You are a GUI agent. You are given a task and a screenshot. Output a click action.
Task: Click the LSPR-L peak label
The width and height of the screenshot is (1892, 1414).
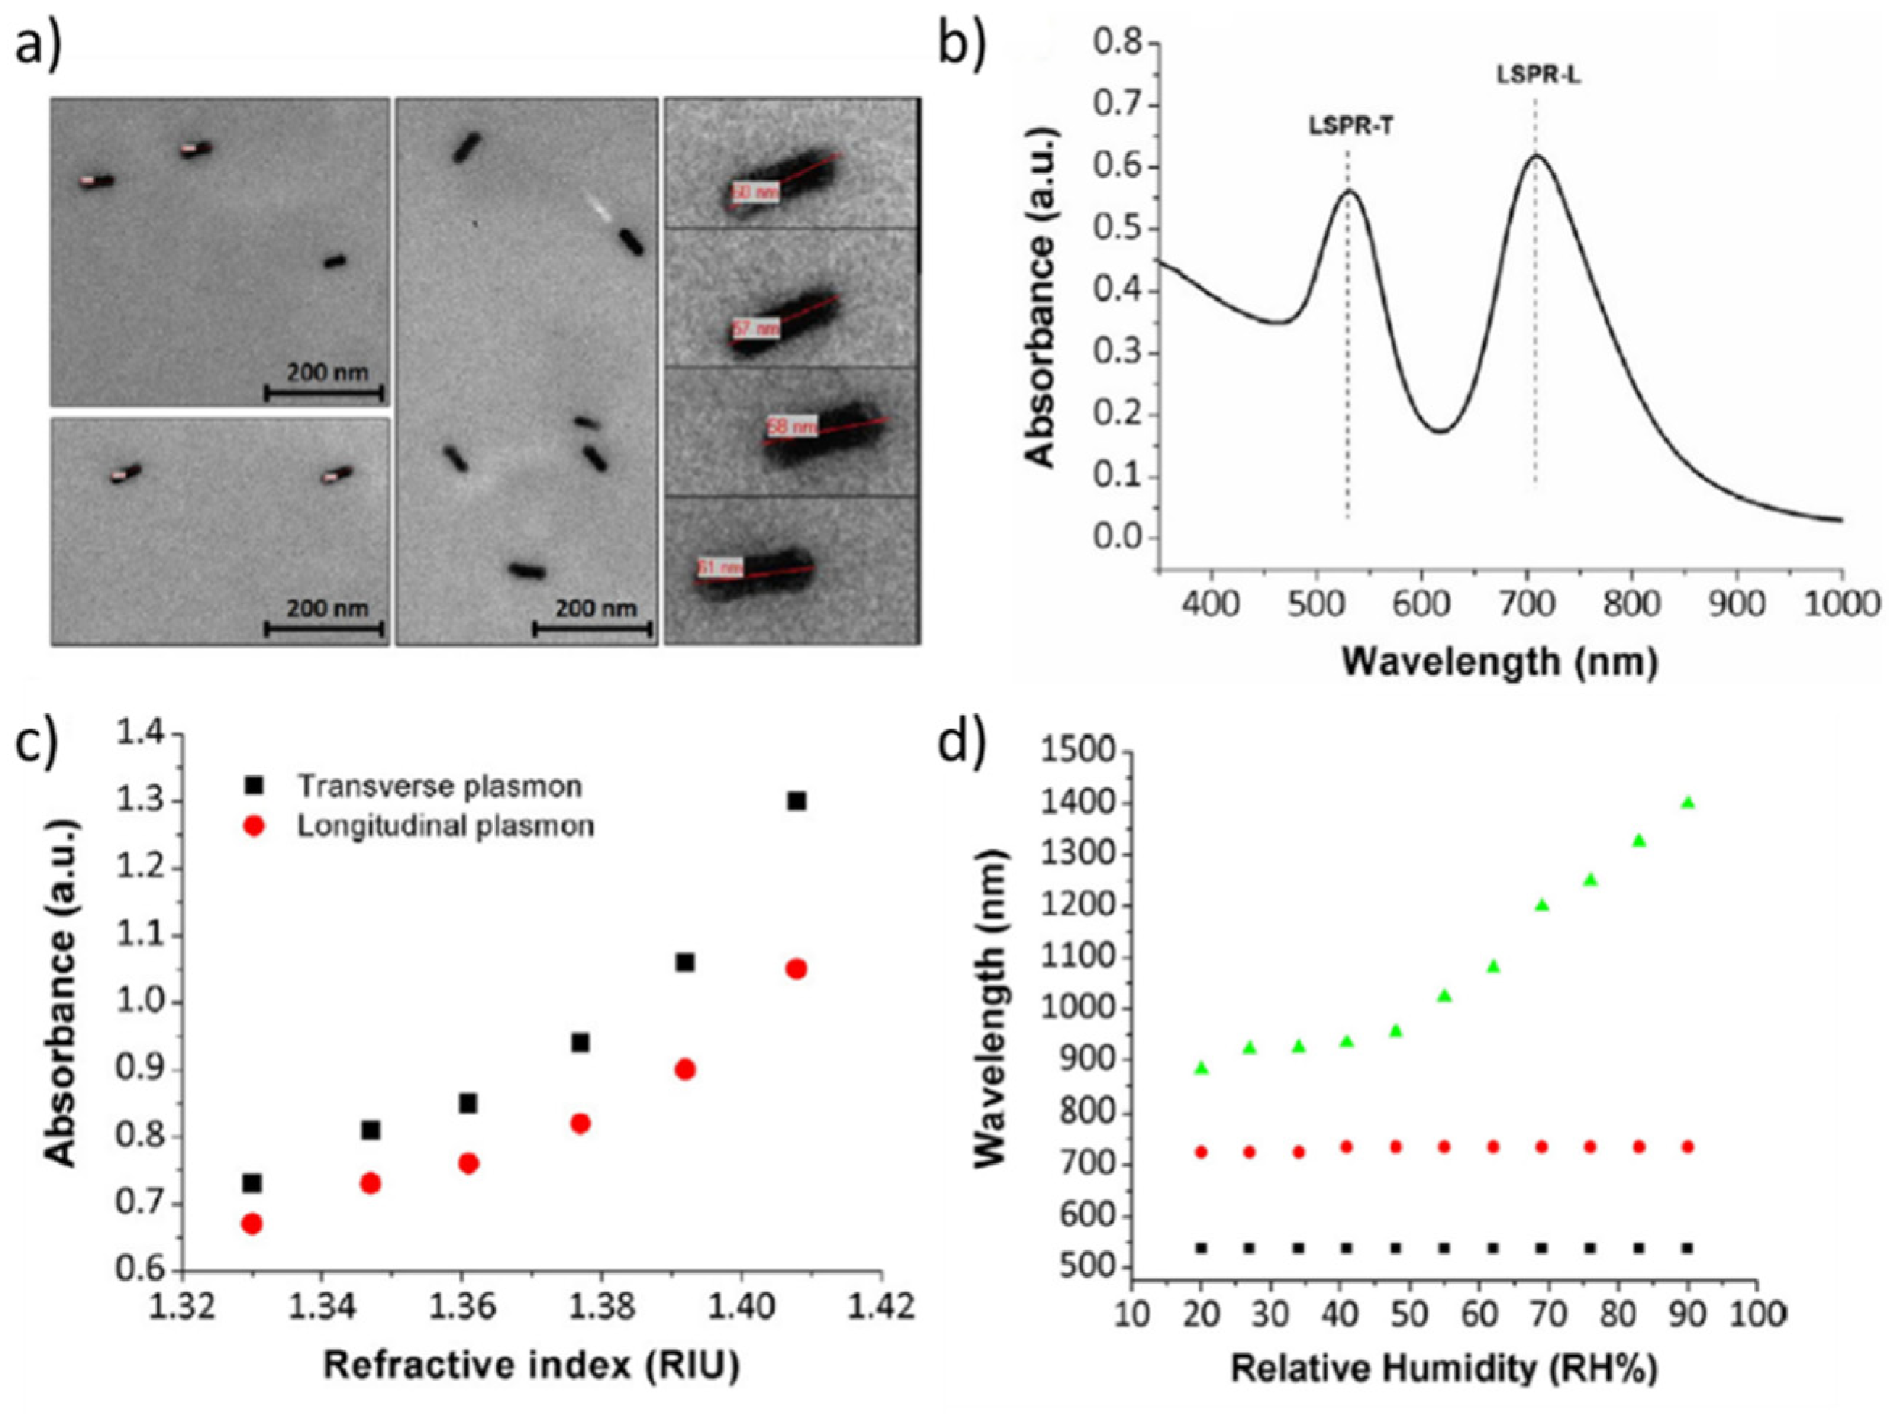(1538, 75)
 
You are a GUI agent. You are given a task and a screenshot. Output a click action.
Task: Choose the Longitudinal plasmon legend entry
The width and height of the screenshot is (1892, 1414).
(445, 826)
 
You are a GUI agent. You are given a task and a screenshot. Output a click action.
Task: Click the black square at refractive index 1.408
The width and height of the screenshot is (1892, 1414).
(796, 802)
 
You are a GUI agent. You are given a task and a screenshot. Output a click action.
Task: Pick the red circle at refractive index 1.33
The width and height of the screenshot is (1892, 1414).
(251, 1224)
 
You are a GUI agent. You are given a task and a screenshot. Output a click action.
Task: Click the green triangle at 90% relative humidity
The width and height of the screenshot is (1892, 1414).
(1688, 802)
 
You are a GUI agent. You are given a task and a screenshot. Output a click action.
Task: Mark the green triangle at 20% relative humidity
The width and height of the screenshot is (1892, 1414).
(1201, 1068)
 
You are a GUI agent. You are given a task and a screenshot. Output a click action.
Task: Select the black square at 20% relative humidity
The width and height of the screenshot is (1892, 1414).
(1201, 1248)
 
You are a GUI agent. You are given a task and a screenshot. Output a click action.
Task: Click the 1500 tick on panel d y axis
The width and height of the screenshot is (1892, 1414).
(1080, 752)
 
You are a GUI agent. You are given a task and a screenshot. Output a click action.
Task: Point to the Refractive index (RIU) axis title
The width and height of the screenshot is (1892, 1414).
(530, 1366)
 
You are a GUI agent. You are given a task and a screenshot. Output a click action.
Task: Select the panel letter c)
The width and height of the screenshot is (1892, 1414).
(38, 742)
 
